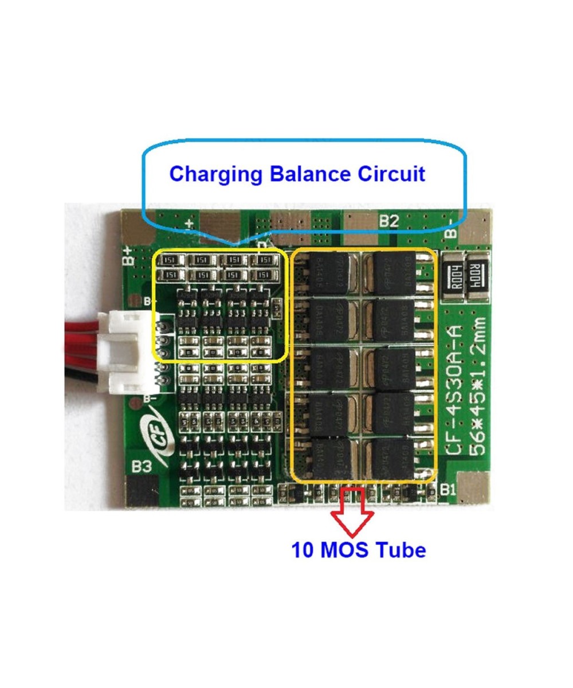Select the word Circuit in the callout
tap(392, 173)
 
